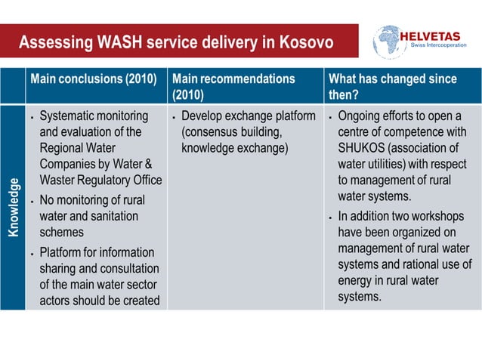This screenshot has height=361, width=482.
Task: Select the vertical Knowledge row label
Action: (x=13, y=208)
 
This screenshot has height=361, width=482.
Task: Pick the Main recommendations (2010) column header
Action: (x=233, y=86)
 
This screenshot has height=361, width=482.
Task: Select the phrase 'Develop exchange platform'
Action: (x=249, y=116)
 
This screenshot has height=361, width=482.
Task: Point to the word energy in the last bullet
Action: (x=357, y=280)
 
